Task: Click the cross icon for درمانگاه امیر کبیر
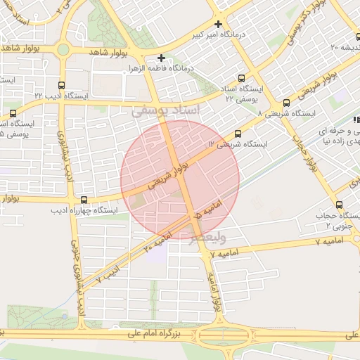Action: pos(219,24)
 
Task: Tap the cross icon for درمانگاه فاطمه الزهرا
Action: pos(162,58)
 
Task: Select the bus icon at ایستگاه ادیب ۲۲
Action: pos(61,84)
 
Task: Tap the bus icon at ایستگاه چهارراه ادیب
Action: pos(84,199)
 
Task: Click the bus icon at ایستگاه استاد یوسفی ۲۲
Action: pos(242,79)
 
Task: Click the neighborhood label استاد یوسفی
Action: pos(166,111)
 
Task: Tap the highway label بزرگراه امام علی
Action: pos(154,335)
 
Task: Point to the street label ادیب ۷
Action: pos(104,274)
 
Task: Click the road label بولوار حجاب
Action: pos(308,150)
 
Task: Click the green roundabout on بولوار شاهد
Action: pos(63,50)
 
